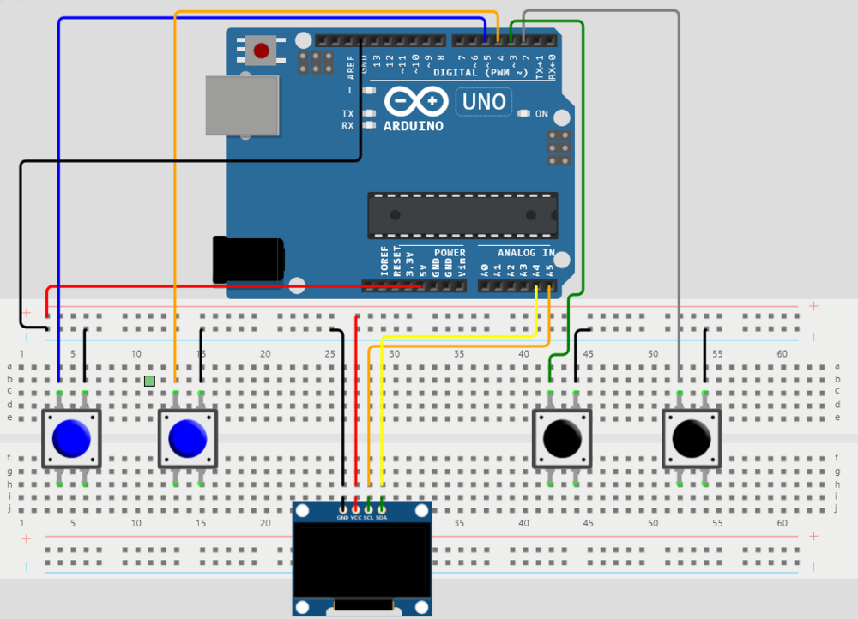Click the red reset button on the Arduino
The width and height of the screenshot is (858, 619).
coord(261,51)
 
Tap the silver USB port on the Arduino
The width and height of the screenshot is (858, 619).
coord(242,105)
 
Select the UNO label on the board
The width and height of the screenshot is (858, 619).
coord(484,102)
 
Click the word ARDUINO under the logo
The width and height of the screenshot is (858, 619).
coord(414,126)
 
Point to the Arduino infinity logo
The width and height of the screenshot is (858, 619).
coord(416,102)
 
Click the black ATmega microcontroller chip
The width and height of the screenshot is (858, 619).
coord(462,215)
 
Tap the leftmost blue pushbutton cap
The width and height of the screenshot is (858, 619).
coord(71,438)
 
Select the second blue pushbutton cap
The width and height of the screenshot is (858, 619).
coord(187,438)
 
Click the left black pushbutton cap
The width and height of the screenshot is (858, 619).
coord(562,438)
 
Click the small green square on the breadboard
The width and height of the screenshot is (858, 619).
coord(150,381)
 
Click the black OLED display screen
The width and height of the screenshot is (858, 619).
coord(360,562)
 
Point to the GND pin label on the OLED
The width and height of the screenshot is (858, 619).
coord(342,518)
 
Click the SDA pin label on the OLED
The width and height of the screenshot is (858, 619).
coord(382,518)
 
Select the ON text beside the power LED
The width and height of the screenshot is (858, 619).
coord(541,114)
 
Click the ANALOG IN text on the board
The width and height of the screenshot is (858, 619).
coord(525,253)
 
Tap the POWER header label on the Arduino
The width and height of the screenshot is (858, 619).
coord(449,253)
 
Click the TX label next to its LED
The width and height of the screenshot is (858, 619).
coord(347,113)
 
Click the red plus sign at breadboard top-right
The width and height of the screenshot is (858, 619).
coord(813,306)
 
